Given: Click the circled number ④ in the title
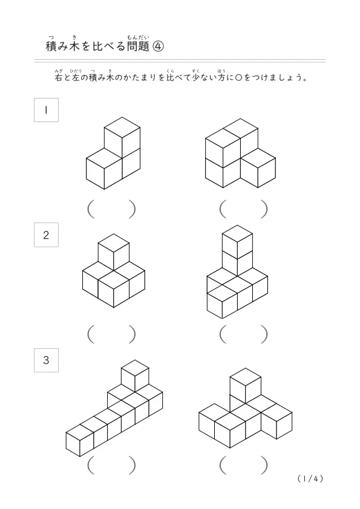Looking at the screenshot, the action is pyautogui.click(x=159, y=47).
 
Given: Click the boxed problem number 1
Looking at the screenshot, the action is pyautogui.click(x=46, y=110).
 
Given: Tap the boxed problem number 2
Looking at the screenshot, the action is pyautogui.click(x=46, y=235).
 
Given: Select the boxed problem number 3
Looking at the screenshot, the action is pyautogui.click(x=46, y=360).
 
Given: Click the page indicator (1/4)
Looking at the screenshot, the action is pyautogui.click(x=310, y=479).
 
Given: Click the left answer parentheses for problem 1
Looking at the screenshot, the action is pyautogui.click(x=111, y=209).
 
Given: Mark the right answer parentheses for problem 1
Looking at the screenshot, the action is pyautogui.click(x=244, y=209).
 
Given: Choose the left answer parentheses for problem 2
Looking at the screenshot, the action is pyautogui.click(x=111, y=334).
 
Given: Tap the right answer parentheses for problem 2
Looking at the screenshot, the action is pyautogui.click(x=244, y=334).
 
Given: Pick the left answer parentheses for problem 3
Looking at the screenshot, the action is pyautogui.click(x=111, y=465).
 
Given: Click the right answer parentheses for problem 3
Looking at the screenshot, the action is pyautogui.click(x=244, y=465).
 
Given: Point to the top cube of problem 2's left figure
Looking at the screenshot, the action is pyautogui.click(x=114, y=252).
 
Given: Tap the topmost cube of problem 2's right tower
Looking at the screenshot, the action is pyautogui.click(x=238, y=242).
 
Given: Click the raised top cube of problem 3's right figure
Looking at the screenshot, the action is pyautogui.click(x=245, y=386).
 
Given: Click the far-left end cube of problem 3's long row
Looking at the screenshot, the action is pyautogui.click(x=80, y=441).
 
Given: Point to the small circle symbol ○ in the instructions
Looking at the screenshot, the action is pyautogui.click(x=238, y=78).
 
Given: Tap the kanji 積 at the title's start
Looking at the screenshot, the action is pyautogui.click(x=51, y=47).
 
